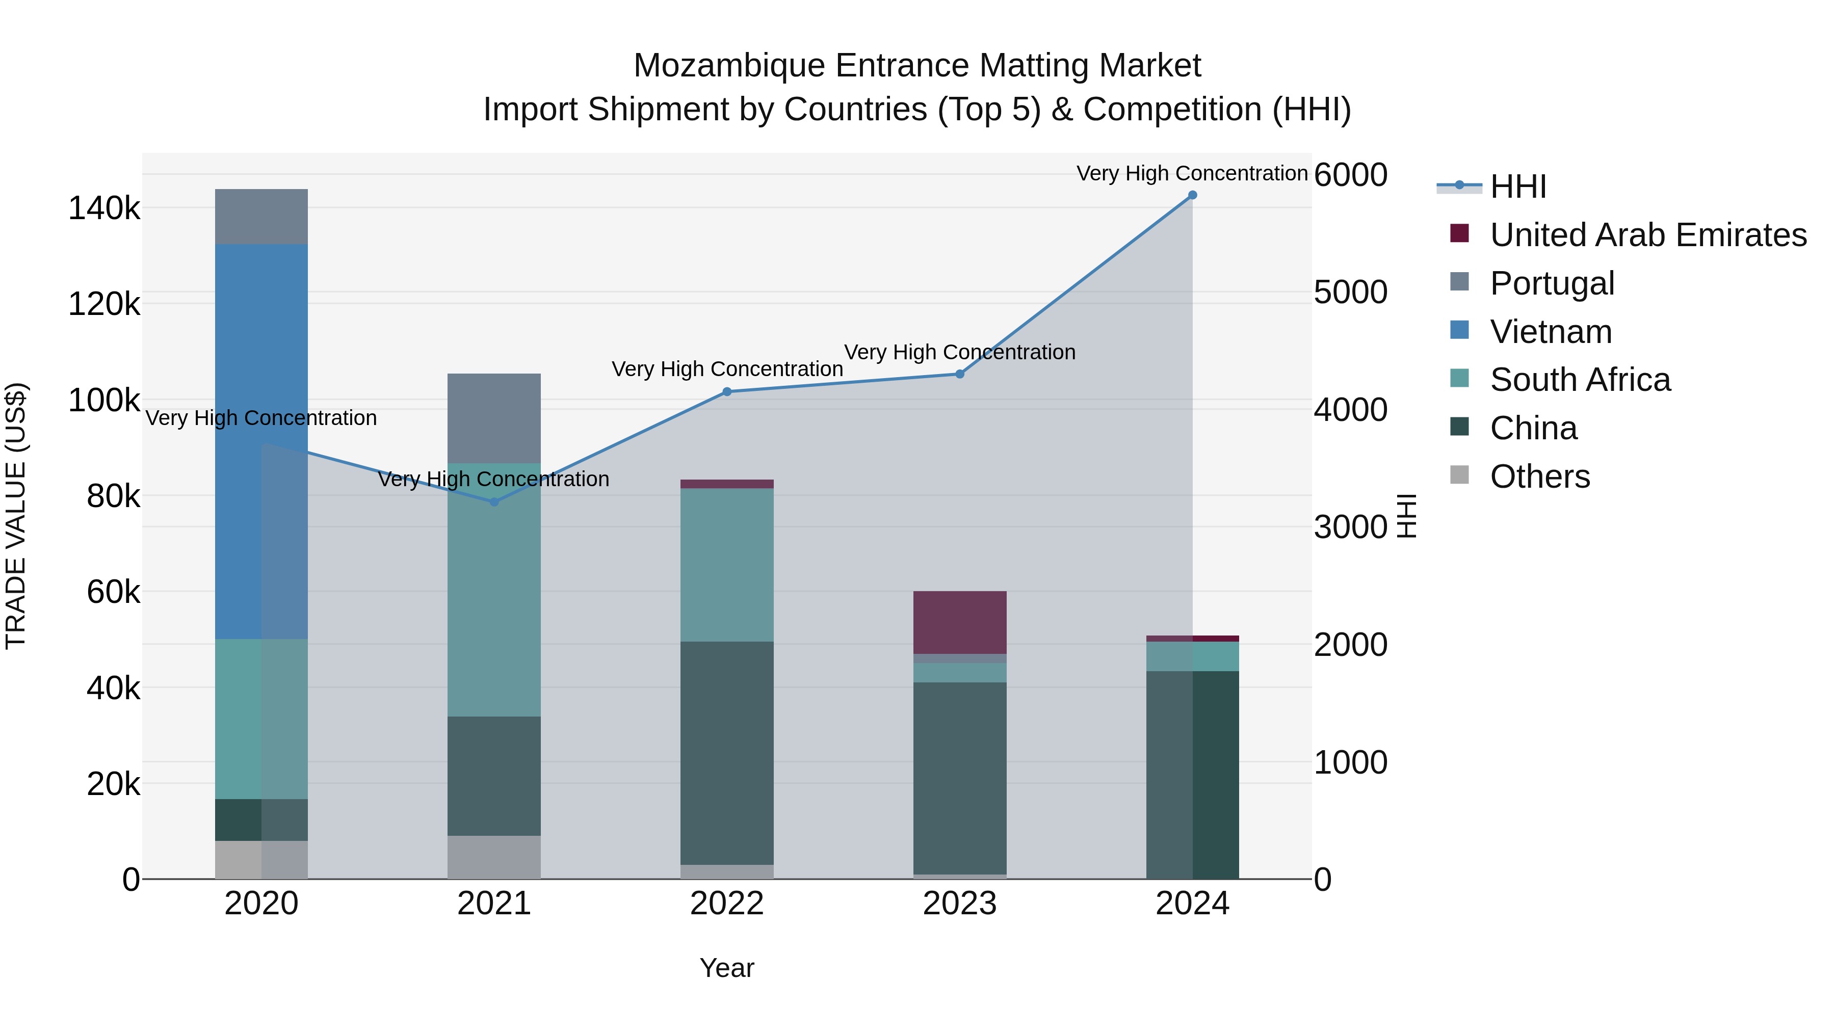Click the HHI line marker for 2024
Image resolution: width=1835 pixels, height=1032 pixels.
tap(1192, 195)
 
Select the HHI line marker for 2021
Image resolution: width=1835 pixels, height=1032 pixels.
tap(494, 502)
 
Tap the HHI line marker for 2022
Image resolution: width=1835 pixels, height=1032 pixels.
tap(726, 392)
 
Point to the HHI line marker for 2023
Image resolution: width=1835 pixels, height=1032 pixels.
tap(959, 374)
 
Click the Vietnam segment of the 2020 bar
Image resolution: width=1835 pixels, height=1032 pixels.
tap(261, 441)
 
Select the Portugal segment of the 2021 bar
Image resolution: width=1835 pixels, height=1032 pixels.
tap(494, 418)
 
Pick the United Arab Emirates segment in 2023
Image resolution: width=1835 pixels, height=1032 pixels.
tap(959, 622)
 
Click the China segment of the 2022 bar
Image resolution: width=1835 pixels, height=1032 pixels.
tap(726, 753)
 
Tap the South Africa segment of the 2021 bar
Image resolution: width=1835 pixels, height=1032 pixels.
tap(494, 590)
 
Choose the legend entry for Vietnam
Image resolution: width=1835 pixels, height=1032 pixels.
tap(1550, 332)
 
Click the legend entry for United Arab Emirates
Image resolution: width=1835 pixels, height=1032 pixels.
tap(1647, 235)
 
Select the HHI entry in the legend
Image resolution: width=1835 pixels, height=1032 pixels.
tap(1517, 187)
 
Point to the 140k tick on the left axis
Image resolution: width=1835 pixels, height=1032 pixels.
tap(104, 208)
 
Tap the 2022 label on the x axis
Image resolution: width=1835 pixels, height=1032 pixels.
tap(726, 904)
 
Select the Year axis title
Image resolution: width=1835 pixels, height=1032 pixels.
tap(726, 968)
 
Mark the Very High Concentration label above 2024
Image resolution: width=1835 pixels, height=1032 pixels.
tap(1192, 173)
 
